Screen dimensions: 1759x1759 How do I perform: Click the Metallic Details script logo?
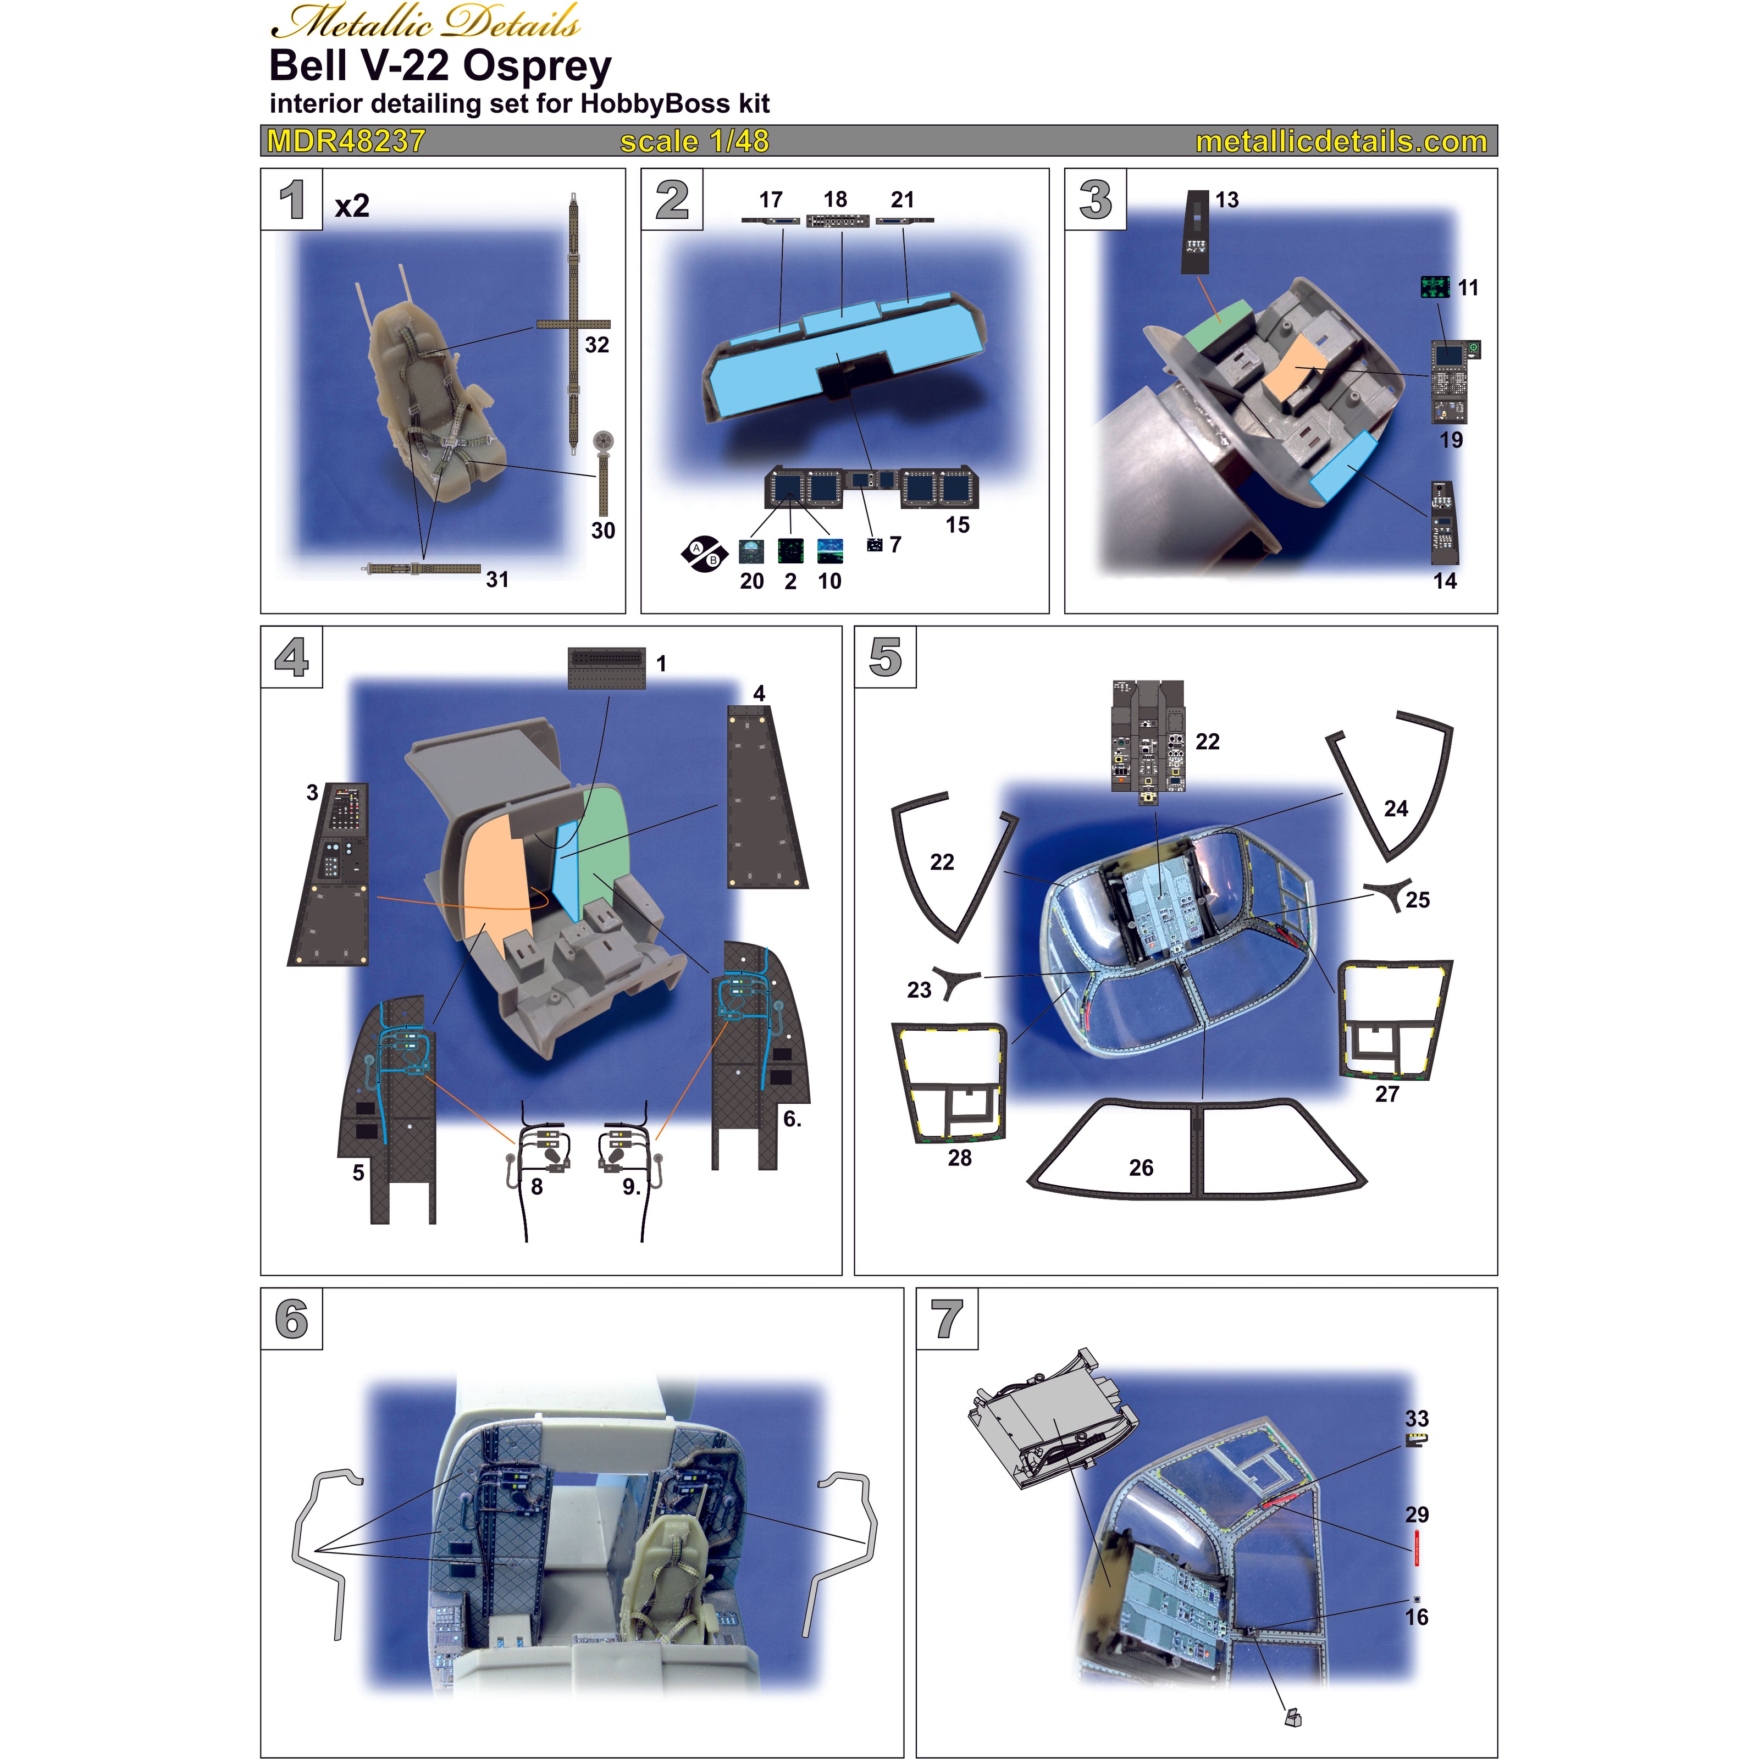[x=425, y=22]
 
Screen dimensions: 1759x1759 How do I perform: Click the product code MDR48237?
[x=345, y=141]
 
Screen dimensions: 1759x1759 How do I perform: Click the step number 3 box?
[x=1096, y=200]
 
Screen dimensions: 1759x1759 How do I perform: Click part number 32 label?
[x=596, y=345]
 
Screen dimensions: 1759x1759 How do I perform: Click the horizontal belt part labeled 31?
[x=423, y=568]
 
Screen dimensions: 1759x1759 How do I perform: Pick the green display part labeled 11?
[x=1435, y=287]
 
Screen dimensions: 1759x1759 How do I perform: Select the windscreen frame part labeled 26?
[x=1196, y=1149]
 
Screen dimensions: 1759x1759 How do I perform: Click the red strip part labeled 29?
[x=1417, y=1548]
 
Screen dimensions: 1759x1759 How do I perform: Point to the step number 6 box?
[x=291, y=1319]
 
